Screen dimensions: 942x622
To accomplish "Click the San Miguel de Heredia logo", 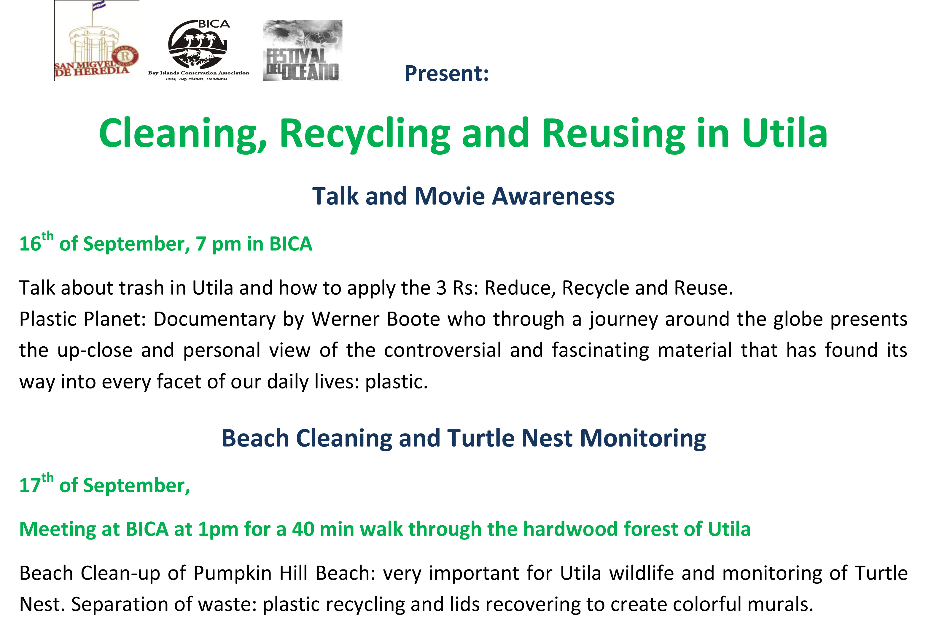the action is (97, 40).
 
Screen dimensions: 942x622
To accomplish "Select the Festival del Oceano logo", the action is (303, 50).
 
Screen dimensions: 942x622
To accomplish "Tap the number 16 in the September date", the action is (30, 244).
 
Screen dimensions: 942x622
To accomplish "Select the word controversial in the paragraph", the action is (443, 350).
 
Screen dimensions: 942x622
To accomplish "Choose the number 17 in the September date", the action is (30, 485).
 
